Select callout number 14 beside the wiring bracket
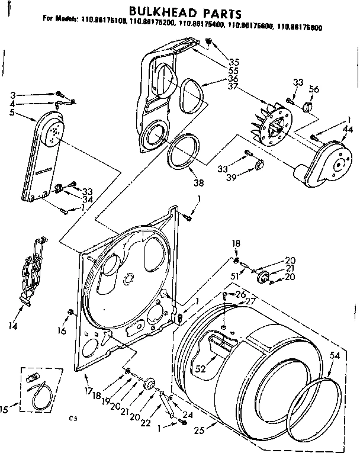[x=13, y=326]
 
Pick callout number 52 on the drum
[x=200, y=368]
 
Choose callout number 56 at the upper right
[x=314, y=89]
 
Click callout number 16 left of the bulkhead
[x=62, y=331]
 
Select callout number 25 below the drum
[x=200, y=432]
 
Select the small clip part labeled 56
[x=308, y=107]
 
